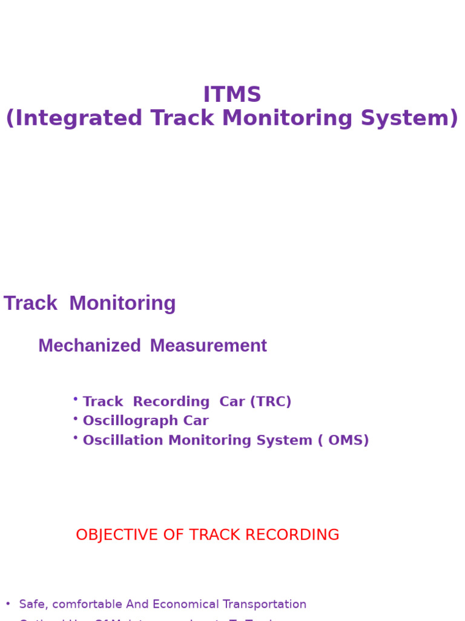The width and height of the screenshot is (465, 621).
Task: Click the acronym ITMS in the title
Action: [x=232, y=95]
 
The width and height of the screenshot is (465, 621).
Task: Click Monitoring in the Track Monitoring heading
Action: [x=122, y=303]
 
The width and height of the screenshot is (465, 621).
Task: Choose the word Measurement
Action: [x=208, y=346]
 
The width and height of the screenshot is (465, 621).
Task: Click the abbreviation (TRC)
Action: [x=271, y=401]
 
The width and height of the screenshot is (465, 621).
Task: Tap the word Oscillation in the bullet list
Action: [x=123, y=440]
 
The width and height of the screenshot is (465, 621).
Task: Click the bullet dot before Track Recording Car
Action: [x=75, y=398]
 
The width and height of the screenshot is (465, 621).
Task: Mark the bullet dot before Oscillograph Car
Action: [x=75, y=418]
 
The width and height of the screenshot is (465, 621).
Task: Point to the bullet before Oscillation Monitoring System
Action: [x=75, y=437]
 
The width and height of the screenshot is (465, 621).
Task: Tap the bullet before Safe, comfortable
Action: [x=8, y=604]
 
